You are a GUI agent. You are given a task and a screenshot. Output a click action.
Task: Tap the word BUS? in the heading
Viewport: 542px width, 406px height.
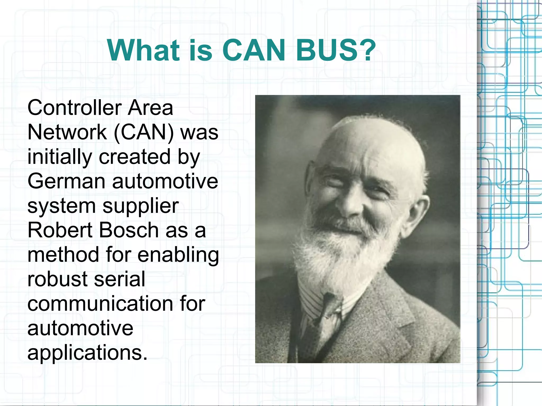[x=336, y=50]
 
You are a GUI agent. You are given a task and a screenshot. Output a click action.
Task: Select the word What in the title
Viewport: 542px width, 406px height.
[x=143, y=50]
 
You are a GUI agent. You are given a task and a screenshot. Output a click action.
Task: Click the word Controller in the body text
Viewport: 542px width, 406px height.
[x=74, y=108]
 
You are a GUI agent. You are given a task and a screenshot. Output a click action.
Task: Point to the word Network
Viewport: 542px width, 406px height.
[x=67, y=132]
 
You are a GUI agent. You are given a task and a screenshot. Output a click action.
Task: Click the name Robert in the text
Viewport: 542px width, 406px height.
[x=60, y=230]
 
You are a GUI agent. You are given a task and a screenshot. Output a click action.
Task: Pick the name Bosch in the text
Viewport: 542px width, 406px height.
[x=129, y=230]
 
